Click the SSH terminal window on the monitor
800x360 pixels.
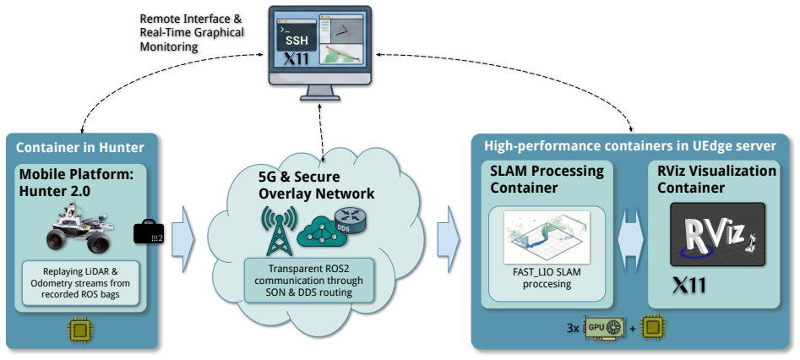(x=297, y=34)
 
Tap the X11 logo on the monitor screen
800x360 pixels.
(x=297, y=59)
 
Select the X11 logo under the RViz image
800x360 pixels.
(x=688, y=286)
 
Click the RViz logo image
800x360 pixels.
(x=717, y=234)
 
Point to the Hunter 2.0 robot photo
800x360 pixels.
(x=79, y=228)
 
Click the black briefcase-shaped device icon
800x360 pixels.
(x=149, y=232)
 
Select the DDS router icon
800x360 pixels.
(x=349, y=221)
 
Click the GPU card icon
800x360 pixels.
(x=605, y=327)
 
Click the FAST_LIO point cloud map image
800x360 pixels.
(x=547, y=237)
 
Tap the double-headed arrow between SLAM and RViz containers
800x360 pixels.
(x=630, y=240)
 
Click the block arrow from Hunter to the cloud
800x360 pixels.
(x=182, y=239)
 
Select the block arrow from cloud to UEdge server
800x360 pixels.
(x=449, y=239)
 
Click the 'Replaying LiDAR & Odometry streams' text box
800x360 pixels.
(x=80, y=283)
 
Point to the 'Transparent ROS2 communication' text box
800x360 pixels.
(x=308, y=281)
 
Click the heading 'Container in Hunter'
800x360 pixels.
(x=80, y=148)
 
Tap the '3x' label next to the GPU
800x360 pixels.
(x=573, y=329)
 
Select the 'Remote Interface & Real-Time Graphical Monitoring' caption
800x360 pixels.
(x=192, y=33)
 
